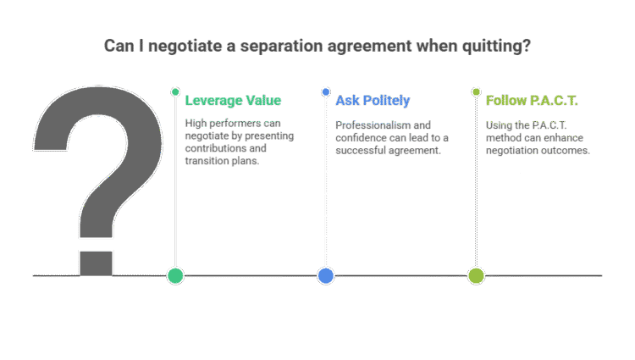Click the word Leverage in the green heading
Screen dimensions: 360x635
[x=212, y=101]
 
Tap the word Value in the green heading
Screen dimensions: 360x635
[x=262, y=101]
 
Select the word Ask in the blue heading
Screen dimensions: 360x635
[x=347, y=101]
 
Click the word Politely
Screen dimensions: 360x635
[x=386, y=101]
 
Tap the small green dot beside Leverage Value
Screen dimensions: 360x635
[x=175, y=91]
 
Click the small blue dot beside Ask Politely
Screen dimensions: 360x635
[x=326, y=91]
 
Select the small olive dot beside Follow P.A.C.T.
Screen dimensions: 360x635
[x=476, y=91]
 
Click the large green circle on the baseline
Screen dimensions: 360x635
[x=175, y=275]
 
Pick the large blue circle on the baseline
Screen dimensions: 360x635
[x=326, y=275]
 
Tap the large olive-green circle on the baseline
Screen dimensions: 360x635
[x=476, y=275]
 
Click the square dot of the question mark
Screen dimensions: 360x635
[x=97, y=263]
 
